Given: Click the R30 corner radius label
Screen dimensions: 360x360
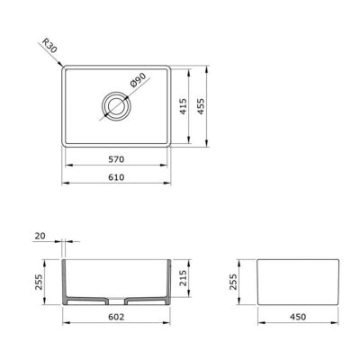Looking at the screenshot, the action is click(49, 45).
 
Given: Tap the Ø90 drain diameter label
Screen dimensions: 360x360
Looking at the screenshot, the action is click(139, 80).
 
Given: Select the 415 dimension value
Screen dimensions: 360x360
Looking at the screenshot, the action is click(183, 106).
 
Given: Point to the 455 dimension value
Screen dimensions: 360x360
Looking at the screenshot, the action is click(201, 106).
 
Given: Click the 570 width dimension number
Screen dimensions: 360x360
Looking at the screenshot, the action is click(116, 159).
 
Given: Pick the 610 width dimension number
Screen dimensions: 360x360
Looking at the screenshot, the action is click(116, 177).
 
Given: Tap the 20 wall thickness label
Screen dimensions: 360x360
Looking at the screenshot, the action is click(40, 236).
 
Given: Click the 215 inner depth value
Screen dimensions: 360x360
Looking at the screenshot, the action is click(183, 278).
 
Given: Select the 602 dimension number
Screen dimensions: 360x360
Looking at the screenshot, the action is click(116, 317).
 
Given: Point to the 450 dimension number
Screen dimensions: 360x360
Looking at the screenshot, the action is click(298, 317).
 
